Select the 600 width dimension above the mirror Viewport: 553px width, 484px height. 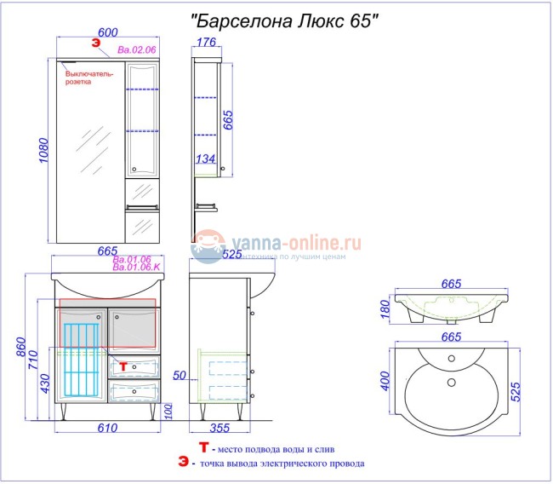coord(107,32)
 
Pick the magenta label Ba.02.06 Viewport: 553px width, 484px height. coord(137,50)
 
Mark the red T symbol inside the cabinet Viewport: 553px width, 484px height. coord(122,366)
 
